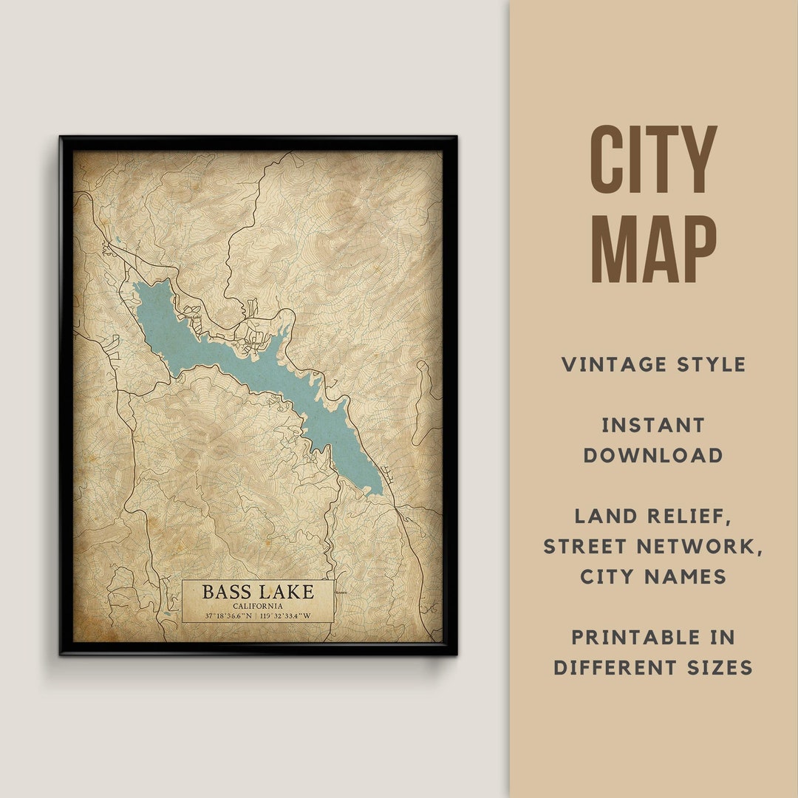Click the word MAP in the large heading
click(x=653, y=249)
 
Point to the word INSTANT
click(x=653, y=425)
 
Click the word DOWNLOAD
click(x=653, y=455)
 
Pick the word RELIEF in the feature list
click(x=690, y=516)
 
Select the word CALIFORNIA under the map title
click(x=257, y=606)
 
